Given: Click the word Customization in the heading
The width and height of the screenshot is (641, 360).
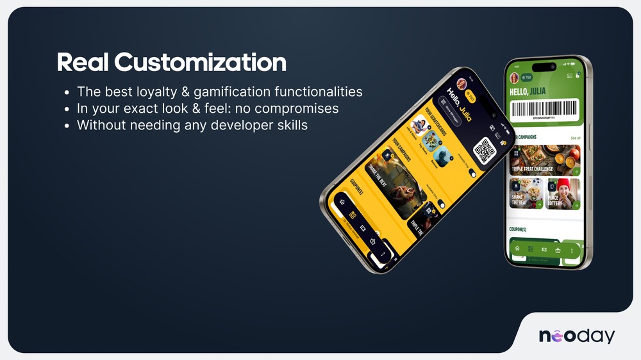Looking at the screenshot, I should coord(200,63).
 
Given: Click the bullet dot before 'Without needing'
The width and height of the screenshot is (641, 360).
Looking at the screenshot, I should coord(68,126).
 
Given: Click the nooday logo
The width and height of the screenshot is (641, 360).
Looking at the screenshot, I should coord(576,336).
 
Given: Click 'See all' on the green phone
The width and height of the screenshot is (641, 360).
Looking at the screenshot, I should coord(575,138).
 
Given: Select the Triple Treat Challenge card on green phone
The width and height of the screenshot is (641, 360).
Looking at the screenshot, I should coord(545,160).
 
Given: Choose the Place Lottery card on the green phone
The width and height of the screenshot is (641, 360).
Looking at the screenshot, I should coord(563,193).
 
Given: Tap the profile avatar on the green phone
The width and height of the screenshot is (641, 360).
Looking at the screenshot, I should coord(514,78).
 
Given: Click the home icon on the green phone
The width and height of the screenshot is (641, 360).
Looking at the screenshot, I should coord(517,249).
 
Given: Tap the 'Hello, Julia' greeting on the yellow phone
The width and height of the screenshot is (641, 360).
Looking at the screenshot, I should coord(455,102).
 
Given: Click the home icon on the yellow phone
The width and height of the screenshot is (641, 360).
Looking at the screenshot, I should coord(342,202).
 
